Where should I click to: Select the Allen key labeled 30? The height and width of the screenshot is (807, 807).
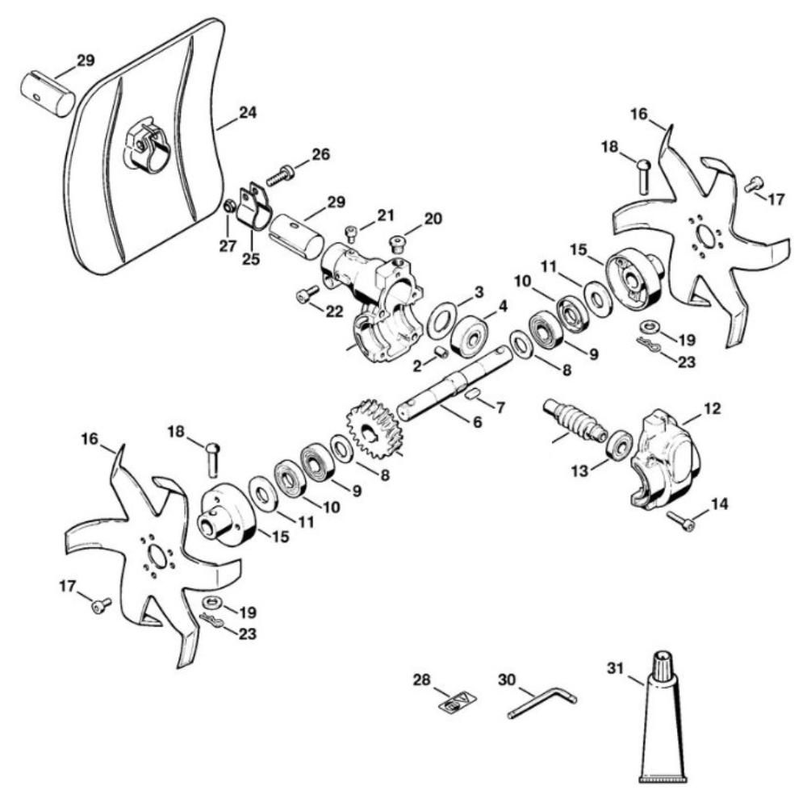coord(541,705)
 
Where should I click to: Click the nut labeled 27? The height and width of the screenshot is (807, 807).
coord(229,207)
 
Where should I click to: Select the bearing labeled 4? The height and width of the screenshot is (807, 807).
coord(469,331)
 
